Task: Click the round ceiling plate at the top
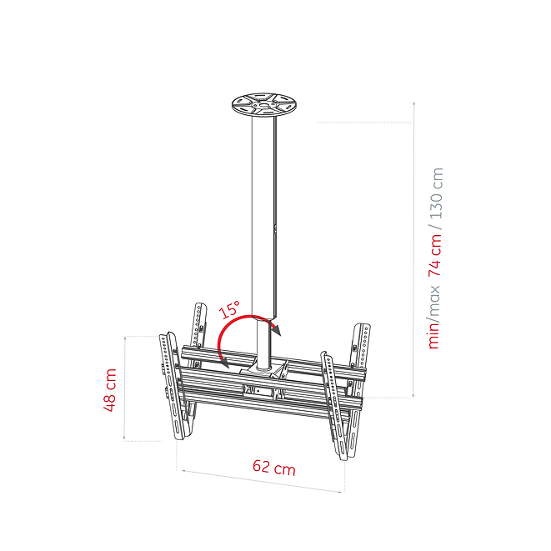tap(264, 105)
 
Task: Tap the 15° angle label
tap(229, 309)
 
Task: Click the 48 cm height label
tap(110, 390)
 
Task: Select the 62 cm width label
tap(274, 468)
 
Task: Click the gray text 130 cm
tap(437, 193)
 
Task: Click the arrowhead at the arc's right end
tap(276, 329)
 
